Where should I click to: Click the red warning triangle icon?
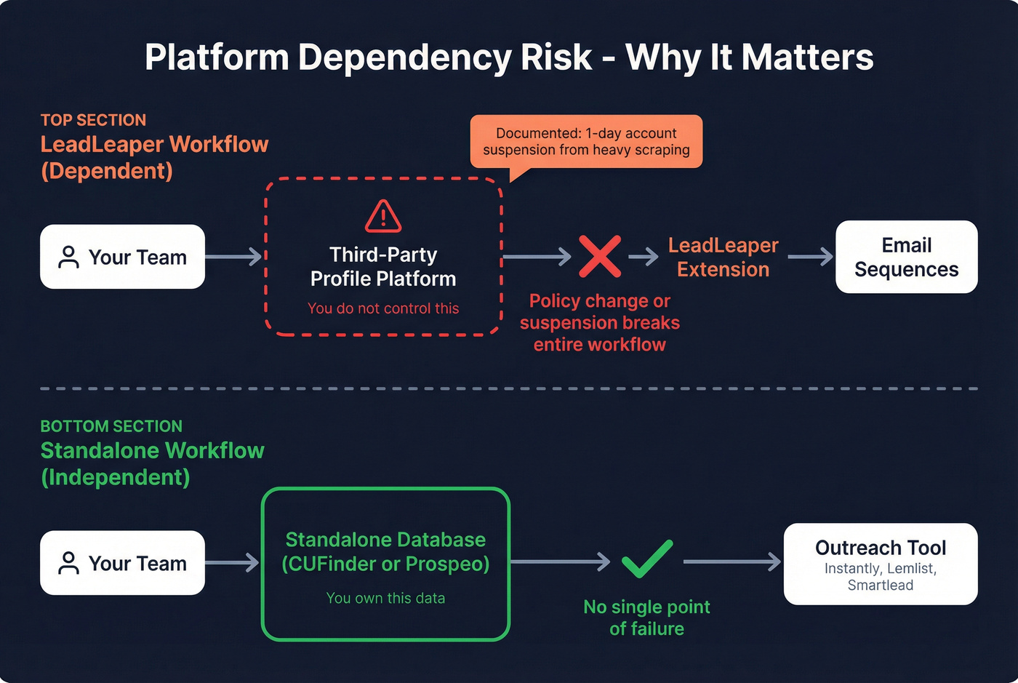(383, 216)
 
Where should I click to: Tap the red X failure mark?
(600, 256)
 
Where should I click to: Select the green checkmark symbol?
(647, 559)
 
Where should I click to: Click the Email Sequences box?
(906, 257)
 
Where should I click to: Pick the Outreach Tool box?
(880, 564)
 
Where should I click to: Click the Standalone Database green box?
(385, 564)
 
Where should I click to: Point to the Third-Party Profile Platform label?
(383, 267)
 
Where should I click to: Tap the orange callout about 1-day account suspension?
(586, 142)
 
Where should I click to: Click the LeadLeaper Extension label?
(723, 257)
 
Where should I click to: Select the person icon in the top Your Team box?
(68, 257)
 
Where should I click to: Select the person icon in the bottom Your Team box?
(68, 563)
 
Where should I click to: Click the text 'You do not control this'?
(383, 308)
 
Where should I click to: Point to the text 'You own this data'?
(385, 598)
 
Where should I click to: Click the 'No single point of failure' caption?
(646, 618)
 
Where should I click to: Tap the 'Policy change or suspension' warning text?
(600, 322)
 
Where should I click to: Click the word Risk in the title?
(556, 57)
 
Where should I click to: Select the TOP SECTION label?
(93, 120)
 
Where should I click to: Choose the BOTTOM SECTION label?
(111, 426)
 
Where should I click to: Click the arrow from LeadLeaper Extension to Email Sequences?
(810, 257)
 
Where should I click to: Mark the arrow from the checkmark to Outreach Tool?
(732, 562)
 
